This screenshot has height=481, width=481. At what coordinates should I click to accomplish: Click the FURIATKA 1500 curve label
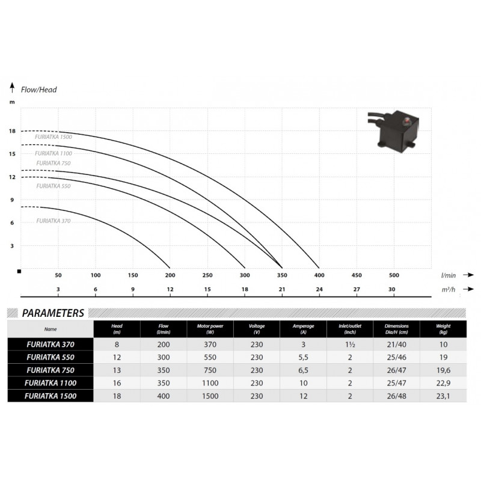tap(54, 137)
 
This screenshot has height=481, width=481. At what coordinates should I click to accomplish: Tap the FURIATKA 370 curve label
tap(54, 221)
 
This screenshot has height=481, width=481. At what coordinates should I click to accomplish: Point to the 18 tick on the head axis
tap(12, 131)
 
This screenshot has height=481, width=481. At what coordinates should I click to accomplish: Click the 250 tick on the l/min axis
tap(207, 275)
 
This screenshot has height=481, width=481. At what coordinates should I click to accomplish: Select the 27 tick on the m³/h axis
tap(357, 289)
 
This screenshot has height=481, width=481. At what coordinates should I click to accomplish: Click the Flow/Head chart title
tap(38, 90)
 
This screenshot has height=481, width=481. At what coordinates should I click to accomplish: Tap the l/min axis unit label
tap(448, 275)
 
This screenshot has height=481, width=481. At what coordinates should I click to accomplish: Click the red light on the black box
tap(406, 122)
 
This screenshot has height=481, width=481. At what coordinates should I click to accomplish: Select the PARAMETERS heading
tap(53, 313)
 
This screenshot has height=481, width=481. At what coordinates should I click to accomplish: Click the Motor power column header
tap(210, 329)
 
